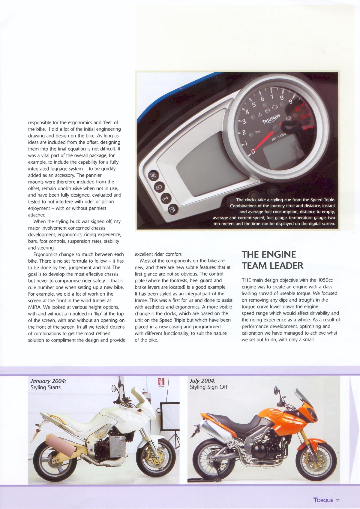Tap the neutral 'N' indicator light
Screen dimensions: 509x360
click(x=153, y=176)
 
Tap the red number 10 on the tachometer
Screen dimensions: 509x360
click(x=298, y=108)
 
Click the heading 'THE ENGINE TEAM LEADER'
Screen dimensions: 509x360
click(x=272, y=260)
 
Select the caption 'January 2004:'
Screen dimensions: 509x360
click(x=48, y=381)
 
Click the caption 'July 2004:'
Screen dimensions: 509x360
click(x=202, y=381)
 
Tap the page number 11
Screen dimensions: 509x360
click(x=338, y=500)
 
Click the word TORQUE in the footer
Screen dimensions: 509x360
click(x=323, y=500)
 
